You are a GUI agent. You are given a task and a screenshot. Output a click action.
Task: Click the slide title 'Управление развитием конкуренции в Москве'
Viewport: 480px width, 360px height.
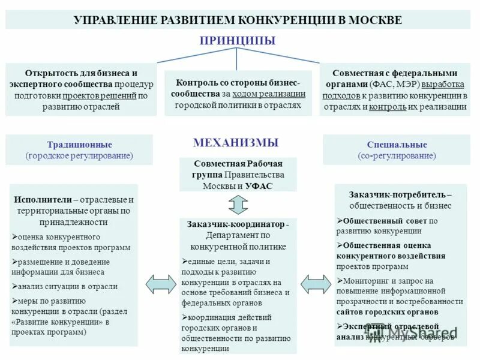238,20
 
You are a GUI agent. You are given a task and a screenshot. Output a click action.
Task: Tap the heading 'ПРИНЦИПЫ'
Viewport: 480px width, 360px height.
238,41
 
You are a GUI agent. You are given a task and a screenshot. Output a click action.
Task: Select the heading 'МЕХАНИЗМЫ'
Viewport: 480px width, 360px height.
236,143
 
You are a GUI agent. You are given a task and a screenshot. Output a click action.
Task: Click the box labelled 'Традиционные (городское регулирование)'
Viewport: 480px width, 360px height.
79,150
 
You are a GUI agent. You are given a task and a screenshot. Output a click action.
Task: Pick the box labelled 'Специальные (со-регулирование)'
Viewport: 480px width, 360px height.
397,150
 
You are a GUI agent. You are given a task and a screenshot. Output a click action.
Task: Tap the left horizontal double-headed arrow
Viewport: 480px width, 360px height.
158,284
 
